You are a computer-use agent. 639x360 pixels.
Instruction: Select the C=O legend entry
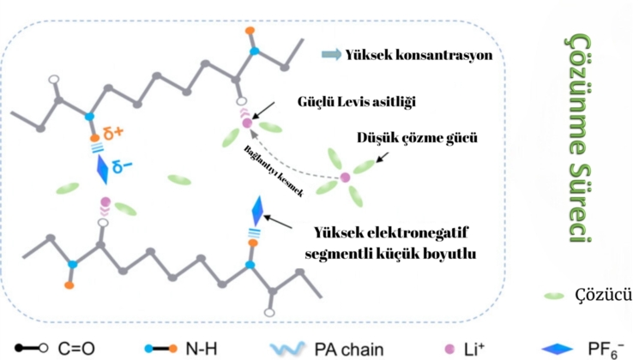64,347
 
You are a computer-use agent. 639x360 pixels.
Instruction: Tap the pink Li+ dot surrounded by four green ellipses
345,177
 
